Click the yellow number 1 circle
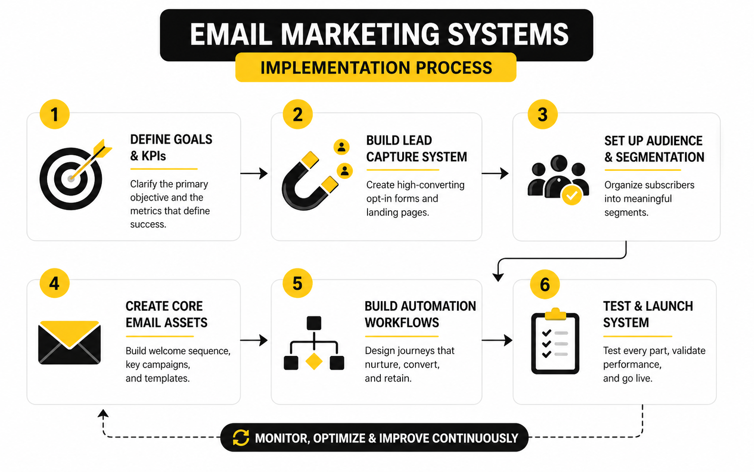pyautogui.click(x=55, y=114)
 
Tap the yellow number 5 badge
pyautogui.click(x=298, y=283)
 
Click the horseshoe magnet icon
pyautogui.click(x=309, y=181)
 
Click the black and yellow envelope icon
pyautogui.click(x=69, y=342)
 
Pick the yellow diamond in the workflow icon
pyautogui.click(x=314, y=362)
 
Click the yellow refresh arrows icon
pyautogui.click(x=241, y=438)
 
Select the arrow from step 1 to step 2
pyautogui.click(x=254, y=173)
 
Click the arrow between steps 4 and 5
pyautogui.click(x=254, y=340)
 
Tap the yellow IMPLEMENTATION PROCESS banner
pyautogui.click(x=376, y=68)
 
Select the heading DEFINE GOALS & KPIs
pyautogui.click(x=171, y=147)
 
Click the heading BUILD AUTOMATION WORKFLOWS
pyautogui.click(x=420, y=315)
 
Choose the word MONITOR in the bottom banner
pyautogui.click(x=282, y=438)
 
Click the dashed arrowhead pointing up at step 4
pyautogui.click(x=103, y=414)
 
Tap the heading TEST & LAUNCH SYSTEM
pyautogui.click(x=648, y=315)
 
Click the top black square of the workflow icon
pyautogui.click(x=314, y=323)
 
